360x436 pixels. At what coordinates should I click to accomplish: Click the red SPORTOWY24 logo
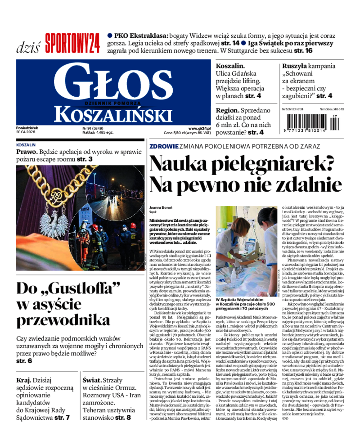pyautogui.click(x=72, y=44)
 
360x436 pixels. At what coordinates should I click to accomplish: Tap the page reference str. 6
pyautogui.click(x=24, y=361)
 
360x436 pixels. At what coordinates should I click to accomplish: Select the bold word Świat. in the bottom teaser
pyautogui.click(x=94, y=379)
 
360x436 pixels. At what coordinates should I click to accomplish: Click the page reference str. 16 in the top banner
pyautogui.click(x=303, y=51)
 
